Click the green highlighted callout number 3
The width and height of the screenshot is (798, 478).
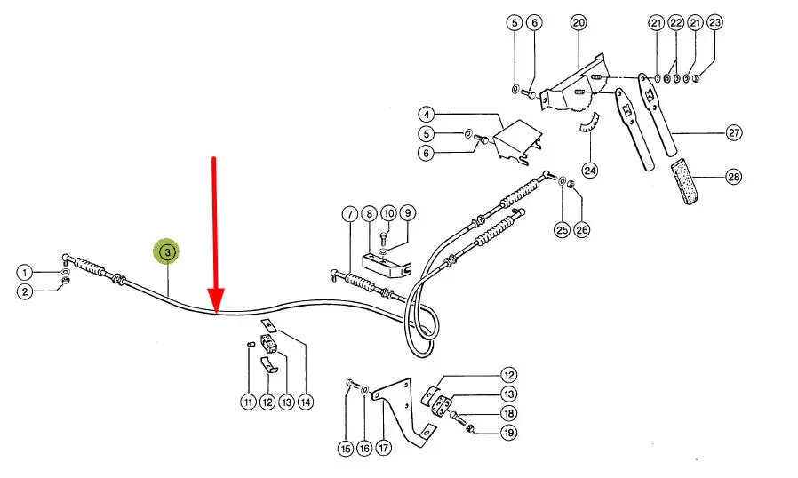click(168, 251)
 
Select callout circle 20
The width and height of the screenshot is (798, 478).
click(579, 22)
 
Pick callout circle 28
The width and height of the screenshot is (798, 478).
click(733, 177)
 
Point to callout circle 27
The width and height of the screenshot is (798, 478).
click(733, 133)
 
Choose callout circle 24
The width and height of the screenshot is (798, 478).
click(590, 170)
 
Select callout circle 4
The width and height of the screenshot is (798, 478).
click(427, 114)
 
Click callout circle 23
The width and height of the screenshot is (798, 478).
click(714, 22)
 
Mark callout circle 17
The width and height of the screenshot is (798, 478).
click(384, 448)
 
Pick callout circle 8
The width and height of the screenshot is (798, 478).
click(369, 213)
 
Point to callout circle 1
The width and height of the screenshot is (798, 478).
click(24, 273)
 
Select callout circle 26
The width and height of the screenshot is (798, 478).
click(582, 229)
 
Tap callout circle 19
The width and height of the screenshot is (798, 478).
click(508, 433)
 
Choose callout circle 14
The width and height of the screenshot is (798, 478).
click(306, 402)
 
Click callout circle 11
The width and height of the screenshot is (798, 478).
click(248, 402)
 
